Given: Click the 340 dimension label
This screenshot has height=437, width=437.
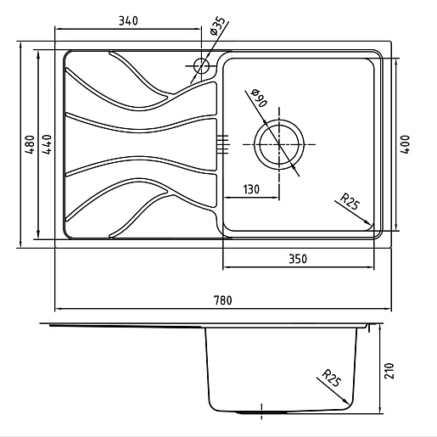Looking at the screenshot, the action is click(128, 21).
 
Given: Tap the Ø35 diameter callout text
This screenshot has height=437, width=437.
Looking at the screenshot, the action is click(218, 26).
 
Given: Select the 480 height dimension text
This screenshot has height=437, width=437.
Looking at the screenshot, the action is click(30, 144).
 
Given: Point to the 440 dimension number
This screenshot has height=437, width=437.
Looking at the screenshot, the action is click(47, 144).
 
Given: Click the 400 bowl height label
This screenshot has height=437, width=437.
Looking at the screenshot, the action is click(405, 144).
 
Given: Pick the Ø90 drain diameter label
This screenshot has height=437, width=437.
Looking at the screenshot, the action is click(259, 98).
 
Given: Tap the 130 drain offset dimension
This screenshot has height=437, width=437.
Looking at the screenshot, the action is click(251, 189).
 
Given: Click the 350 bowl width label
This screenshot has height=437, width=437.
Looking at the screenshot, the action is click(298, 259).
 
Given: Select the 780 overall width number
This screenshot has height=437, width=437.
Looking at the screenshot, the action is click(223, 300).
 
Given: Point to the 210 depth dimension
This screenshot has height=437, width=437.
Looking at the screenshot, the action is click(389, 371).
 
